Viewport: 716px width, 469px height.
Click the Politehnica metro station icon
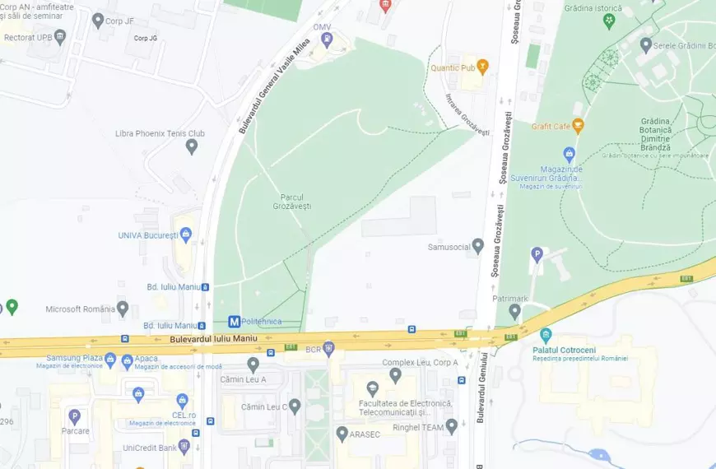point(235,322)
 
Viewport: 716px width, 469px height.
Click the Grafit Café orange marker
point(579,126)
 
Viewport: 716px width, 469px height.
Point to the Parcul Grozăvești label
point(295,201)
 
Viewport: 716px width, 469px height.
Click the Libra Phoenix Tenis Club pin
point(192,146)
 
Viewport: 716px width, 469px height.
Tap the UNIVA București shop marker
point(186,235)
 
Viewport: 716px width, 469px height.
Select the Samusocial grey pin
point(477,246)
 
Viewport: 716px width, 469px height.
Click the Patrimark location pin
point(514,311)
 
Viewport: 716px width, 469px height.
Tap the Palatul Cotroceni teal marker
point(545,335)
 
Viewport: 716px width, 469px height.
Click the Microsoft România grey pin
point(123,309)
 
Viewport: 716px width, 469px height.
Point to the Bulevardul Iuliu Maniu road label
point(214,339)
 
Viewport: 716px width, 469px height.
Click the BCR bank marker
point(328,349)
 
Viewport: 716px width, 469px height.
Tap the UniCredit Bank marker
point(184,447)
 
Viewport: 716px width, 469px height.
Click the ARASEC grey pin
point(342,434)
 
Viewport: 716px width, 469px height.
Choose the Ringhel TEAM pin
point(451,426)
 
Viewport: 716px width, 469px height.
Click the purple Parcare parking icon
point(74,417)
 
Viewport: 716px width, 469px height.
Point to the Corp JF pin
point(98,21)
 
